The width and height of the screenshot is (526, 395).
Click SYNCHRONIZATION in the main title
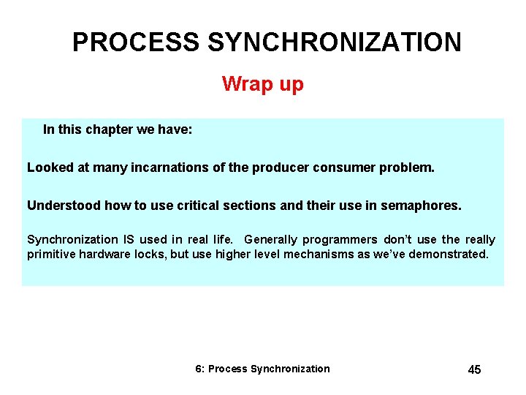335,42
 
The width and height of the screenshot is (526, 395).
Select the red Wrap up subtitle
262,84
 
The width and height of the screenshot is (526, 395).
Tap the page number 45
474,369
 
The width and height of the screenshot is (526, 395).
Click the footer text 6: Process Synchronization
262,369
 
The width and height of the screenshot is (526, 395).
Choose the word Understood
64,206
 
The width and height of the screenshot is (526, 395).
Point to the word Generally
274,239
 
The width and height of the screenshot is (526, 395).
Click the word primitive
54,254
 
